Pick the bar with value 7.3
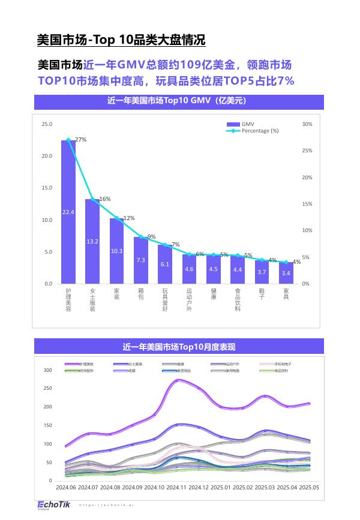tap(141, 260)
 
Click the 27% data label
tap(81, 140)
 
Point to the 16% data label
tap(105, 199)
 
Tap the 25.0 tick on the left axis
tap(46, 124)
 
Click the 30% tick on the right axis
tap(307, 124)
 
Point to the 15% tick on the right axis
tap(307, 204)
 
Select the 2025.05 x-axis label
tap(308, 488)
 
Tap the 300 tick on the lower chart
tap(47, 370)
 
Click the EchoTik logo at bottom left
tap(53, 505)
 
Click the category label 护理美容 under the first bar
tap(68, 300)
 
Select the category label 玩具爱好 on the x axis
tap(165, 300)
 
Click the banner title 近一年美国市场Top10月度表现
tap(179, 347)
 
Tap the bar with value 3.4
tap(286, 273)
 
